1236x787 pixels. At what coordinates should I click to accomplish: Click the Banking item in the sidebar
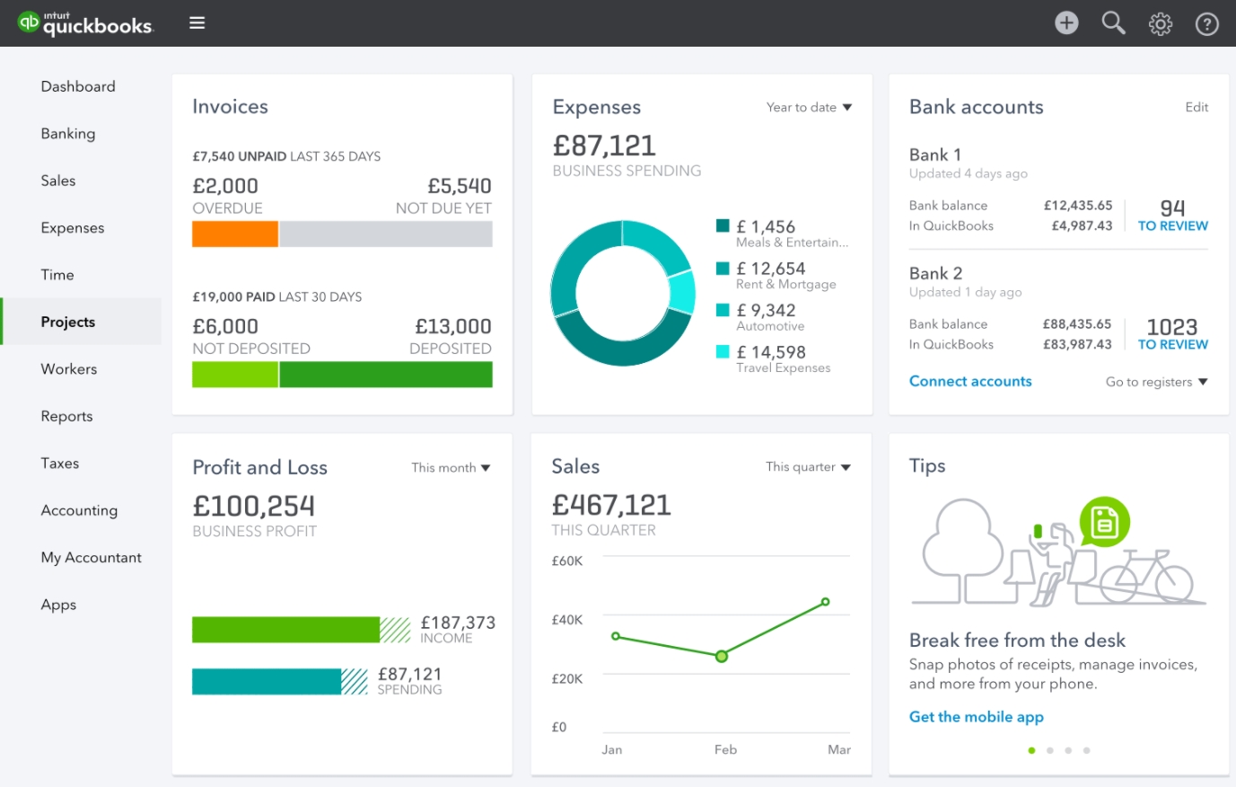(68, 134)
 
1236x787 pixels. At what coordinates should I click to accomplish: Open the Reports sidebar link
(66, 416)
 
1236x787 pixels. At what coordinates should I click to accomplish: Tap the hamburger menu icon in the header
(197, 23)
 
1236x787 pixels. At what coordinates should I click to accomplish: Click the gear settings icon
(1161, 24)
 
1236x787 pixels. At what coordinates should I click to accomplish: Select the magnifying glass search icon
(1113, 23)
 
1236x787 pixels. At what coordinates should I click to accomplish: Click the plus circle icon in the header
(1066, 23)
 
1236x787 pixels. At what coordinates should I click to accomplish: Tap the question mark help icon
(1207, 24)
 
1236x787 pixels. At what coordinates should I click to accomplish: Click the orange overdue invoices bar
(235, 234)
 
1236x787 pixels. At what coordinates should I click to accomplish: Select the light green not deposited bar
(235, 375)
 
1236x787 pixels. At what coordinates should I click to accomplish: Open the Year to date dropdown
(809, 108)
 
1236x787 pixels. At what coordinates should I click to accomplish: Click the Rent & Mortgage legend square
(723, 269)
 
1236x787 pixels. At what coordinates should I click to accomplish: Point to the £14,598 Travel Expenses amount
(771, 352)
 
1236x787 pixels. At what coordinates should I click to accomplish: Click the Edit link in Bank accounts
(1197, 107)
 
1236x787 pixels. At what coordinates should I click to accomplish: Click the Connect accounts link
(970, 381)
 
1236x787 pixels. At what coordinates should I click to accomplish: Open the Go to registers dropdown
(1156, 382)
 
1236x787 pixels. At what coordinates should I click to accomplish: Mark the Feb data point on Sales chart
(722, 657)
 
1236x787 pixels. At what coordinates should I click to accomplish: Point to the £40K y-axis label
(567, 620)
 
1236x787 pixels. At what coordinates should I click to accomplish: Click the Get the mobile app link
(977, 717)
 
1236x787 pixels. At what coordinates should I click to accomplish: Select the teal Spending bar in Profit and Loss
(267, 682)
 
